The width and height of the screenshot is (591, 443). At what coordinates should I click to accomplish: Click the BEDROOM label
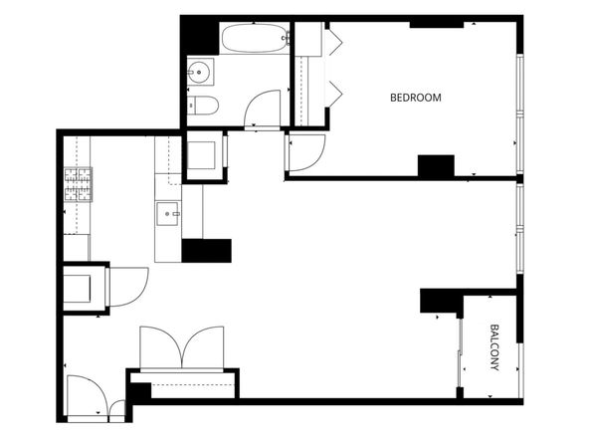[415, 98]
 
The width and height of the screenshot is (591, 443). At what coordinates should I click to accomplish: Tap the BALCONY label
[494, 347]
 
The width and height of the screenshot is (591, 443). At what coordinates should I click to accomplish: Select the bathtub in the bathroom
[255, 38]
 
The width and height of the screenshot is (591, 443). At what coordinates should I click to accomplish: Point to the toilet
[203, 106]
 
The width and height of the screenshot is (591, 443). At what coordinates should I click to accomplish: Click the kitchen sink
[167, 214]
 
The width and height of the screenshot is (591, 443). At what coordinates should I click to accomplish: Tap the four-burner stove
[78, 184]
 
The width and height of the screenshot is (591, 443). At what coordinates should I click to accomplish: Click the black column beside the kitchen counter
[207, 251]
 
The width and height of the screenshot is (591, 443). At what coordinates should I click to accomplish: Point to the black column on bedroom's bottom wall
[436, 166]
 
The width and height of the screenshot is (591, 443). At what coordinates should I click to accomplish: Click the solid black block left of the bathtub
[200, 38]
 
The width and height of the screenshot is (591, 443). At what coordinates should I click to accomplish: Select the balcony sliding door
[460, 352]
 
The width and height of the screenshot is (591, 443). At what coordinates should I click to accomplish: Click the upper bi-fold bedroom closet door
[334, 42]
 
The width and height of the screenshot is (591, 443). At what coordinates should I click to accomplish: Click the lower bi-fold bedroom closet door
[334, 94]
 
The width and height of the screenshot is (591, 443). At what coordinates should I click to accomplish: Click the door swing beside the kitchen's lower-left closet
[127, 287]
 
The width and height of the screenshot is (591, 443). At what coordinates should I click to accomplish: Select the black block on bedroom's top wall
[437, 25]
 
